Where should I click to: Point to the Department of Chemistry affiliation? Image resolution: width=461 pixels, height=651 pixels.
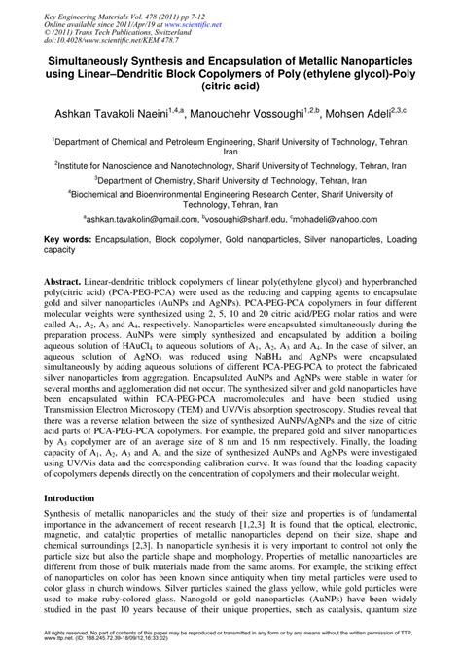[x=230, y=180]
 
